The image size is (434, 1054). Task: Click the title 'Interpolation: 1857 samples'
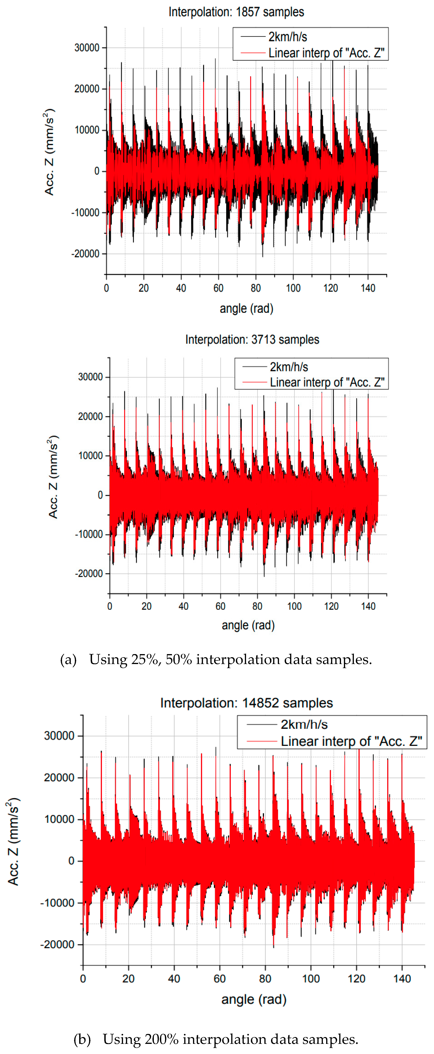236,12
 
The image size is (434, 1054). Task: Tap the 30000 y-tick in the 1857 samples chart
87,48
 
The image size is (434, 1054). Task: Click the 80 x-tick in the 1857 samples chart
256,288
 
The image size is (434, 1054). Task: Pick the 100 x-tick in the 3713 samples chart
294,606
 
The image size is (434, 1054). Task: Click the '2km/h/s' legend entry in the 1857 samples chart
287,37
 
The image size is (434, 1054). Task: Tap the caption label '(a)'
68,660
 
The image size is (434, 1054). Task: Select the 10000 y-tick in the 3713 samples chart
90,455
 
